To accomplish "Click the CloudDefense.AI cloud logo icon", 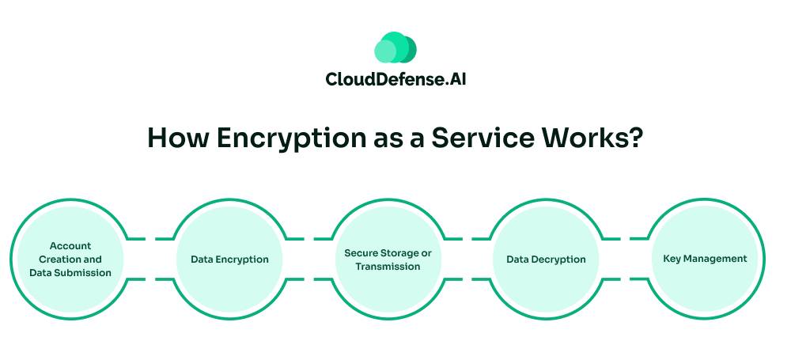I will click(x=395, y=48).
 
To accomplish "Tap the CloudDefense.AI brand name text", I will click(x=395, y=80).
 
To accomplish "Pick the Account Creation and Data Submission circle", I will click(x=70, y=259).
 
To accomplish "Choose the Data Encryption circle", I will click(x=229, y=259).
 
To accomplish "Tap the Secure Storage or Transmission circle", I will click(x=388, y=259).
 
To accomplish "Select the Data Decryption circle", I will click(x=546, y=259).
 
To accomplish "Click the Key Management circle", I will click(x=705, y=259).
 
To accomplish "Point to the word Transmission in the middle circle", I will click(x=388, y=267).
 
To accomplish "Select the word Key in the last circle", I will click(x=672, y=259).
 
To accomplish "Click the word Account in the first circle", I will click(x=70, y=246).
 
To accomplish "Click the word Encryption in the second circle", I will click(x=243, y=259).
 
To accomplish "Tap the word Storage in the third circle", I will click(x=399, y=253).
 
